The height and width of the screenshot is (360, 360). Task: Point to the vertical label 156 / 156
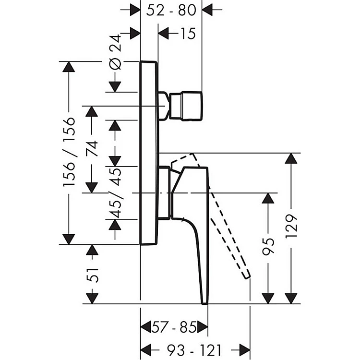point(70,152)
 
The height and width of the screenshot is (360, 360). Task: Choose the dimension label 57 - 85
point(174,328)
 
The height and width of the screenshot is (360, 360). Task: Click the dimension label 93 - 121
point(195,349)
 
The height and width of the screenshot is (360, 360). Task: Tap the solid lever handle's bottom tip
point(204,301)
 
